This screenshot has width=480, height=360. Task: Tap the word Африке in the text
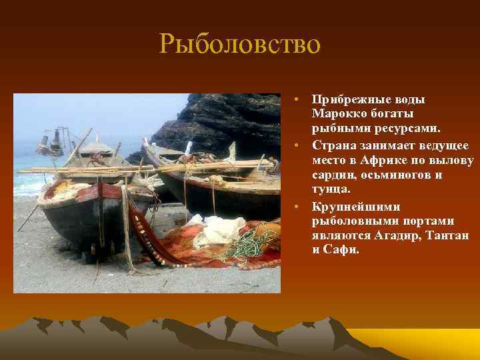click(x=386, y=161)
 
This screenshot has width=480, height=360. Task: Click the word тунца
click(x=330, y=190)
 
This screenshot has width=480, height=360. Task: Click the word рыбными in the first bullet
click(x=339, y=129)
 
